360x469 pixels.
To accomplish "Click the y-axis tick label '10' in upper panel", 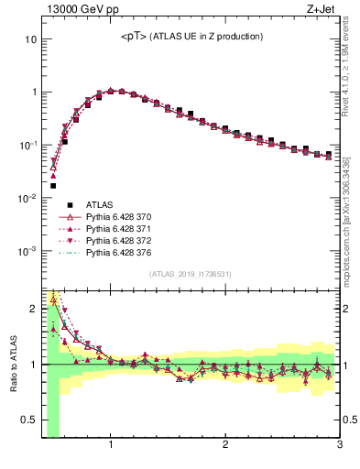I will click(x=30, y=39).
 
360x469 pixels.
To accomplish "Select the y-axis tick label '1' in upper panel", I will click(x=33, y=93).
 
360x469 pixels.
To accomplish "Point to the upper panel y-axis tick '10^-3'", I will click(x=27, y=250).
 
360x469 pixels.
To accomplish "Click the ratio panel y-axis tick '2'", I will click(x=33, y=309).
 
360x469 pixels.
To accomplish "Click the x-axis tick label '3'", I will click(x=339, y=446).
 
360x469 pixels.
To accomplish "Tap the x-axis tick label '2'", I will click(x=224, y=446).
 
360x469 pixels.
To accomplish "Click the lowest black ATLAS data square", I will click(x=53, y=186).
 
